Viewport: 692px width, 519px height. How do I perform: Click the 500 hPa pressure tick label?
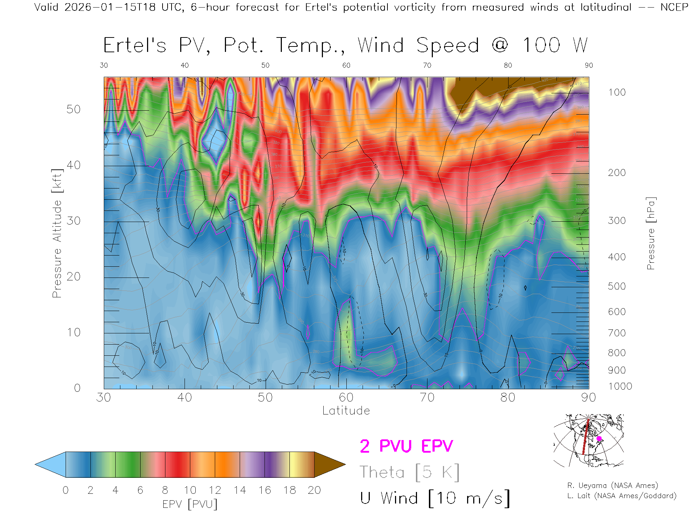tap(617, 286)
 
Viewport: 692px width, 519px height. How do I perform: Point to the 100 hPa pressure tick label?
tap(617, 92)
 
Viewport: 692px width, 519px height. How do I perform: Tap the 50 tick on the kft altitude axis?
tap(73, 109)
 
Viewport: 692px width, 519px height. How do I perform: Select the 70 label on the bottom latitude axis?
tap(427, 397)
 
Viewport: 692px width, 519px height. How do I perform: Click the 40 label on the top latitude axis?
tap(185, 65)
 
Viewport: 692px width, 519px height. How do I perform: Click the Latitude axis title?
tap(346, 411)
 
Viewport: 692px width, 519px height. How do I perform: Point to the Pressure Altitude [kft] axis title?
tap(57, 234)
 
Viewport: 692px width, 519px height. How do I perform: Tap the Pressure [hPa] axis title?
tap(651, 234)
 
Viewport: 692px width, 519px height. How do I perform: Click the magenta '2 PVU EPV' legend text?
tap(406, 446)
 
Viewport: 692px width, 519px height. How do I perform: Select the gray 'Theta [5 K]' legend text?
tap(409, 472)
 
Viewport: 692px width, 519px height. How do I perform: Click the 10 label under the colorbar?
tap(190, 490)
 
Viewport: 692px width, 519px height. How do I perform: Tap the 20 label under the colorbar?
tap(314, 490)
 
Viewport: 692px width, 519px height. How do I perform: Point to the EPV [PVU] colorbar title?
tap(190, 504)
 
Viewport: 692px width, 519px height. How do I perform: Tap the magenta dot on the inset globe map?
tap(599, 439)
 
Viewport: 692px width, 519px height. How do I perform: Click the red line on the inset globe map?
tap(586, 437)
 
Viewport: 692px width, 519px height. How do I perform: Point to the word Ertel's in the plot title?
tap(135, 45)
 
